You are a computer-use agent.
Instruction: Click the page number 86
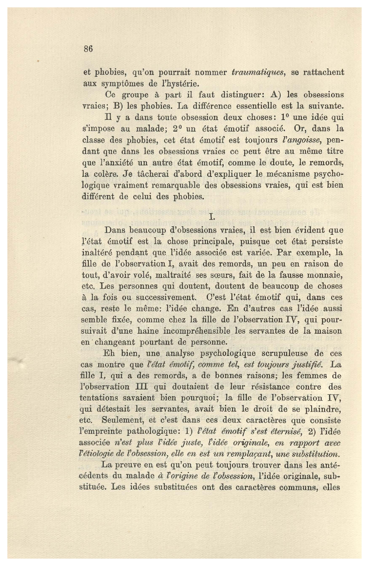pos(88,49)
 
